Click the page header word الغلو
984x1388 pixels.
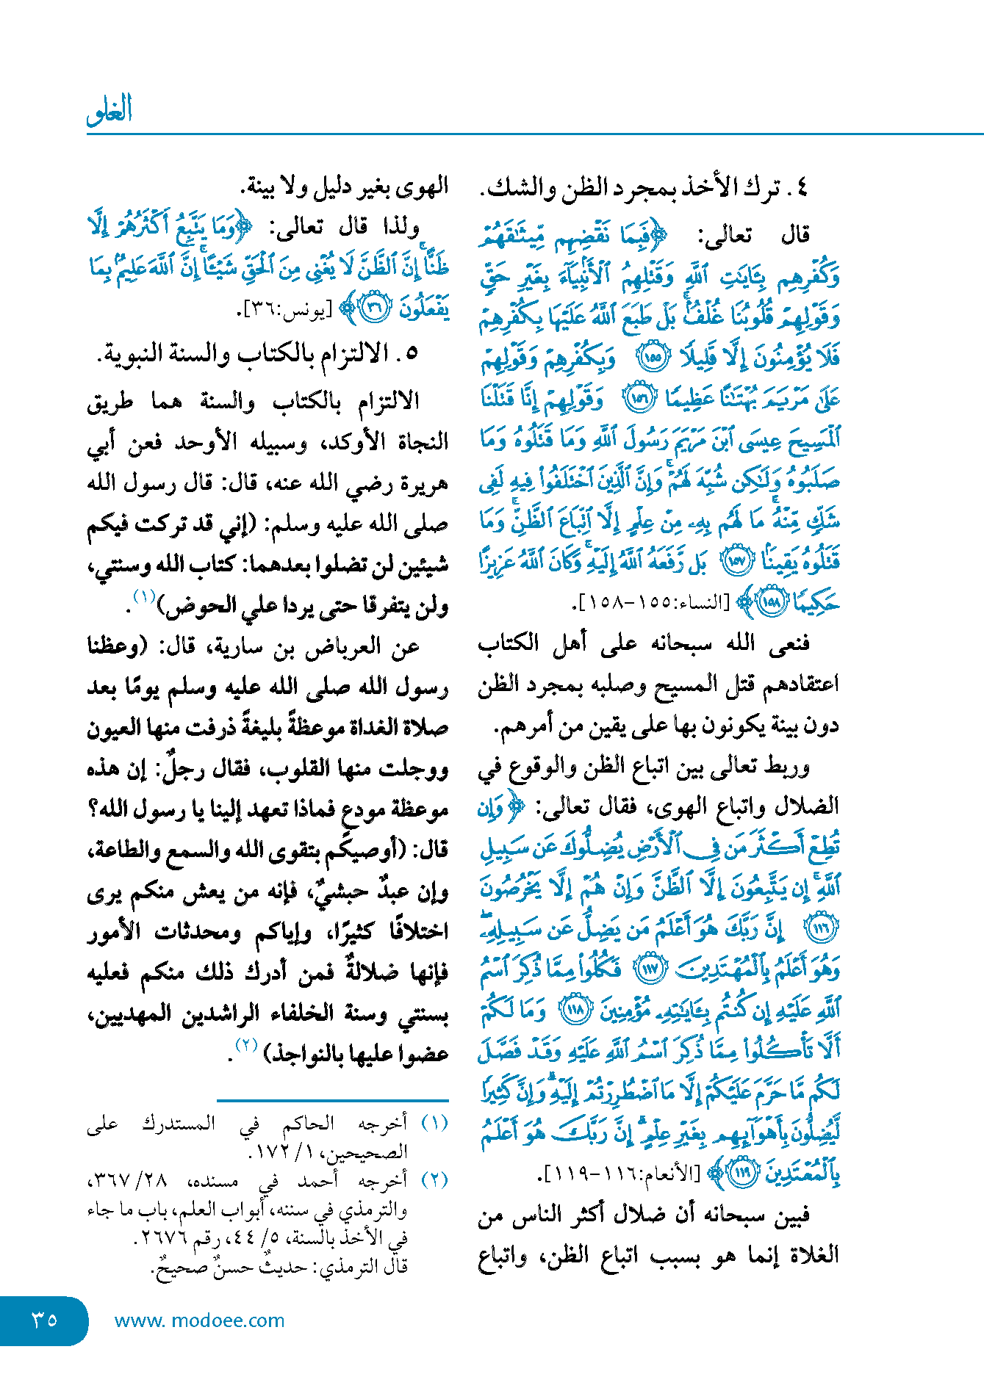tap(109, 109)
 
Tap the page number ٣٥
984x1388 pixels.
tap(44, 1320)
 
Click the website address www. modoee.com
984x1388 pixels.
tap(199, 1320)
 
